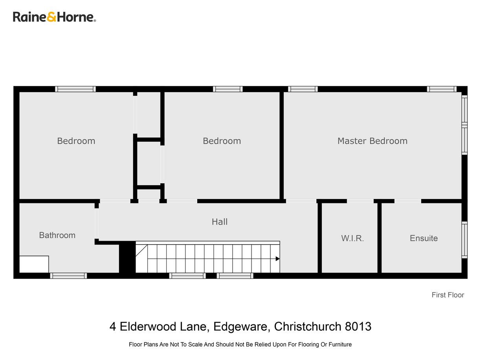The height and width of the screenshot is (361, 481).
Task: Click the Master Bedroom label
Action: tap(372, 141)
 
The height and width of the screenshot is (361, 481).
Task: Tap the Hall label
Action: tap(220, 222)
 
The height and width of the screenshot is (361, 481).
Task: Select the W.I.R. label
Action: tap(352, 238)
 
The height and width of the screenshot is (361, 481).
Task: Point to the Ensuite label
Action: tap(424, 238)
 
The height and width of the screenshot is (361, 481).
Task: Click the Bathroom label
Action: tap(57, 235)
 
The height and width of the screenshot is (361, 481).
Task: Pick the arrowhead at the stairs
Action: tap(278, 259)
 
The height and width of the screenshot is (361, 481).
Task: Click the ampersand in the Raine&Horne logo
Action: tap(52, 17)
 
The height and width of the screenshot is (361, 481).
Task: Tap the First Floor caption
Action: tap(448, 295)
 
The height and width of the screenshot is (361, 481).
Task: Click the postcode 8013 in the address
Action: tap(358, 326)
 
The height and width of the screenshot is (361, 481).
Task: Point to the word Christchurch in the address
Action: tap(308, 326)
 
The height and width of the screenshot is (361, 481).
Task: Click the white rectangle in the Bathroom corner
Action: tap(34, 264)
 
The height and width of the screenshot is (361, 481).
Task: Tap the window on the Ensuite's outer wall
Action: tap(464, 240)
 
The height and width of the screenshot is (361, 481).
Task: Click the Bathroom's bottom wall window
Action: tap(68, 276)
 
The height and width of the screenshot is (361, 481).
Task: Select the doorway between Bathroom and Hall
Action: tap(97, 223)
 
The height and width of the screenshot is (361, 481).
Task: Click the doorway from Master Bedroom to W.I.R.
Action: tap(360, 201)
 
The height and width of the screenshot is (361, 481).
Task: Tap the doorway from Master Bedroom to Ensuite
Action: tap(408, 201)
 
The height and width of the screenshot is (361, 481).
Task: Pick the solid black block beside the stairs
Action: tap(127, 257)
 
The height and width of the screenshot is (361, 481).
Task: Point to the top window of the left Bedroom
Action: tap(75, 89)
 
